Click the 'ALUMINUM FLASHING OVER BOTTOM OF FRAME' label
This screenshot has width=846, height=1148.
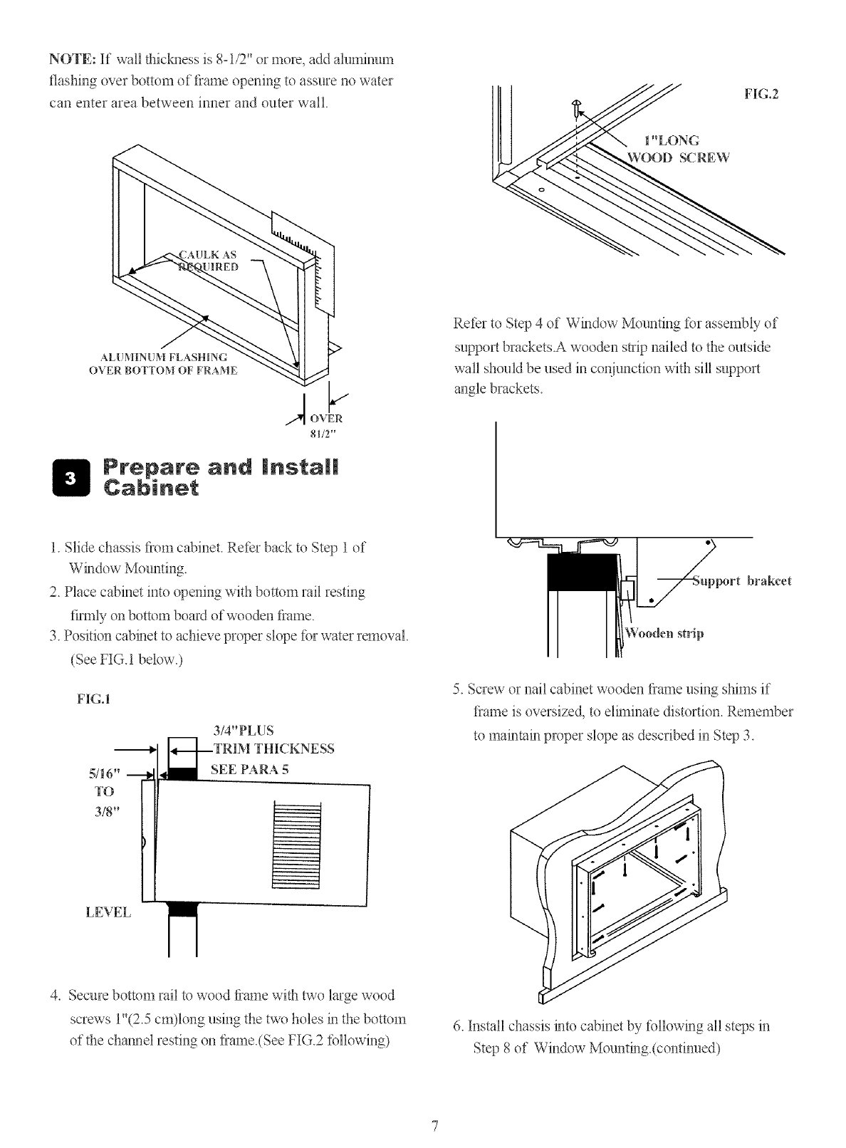163,363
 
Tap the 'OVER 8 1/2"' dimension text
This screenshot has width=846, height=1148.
328,424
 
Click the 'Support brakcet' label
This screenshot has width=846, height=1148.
742,580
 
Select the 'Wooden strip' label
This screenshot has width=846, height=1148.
664,634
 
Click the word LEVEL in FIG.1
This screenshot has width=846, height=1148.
108,912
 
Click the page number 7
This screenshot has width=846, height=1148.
433,1126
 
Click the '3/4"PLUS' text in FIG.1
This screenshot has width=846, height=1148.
244,730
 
